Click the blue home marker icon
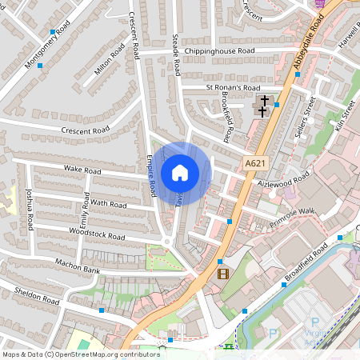180,172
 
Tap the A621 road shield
255,163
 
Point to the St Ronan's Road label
233,87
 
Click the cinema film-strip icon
222,274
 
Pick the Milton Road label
110,61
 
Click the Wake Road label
82,170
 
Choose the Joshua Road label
30,206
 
